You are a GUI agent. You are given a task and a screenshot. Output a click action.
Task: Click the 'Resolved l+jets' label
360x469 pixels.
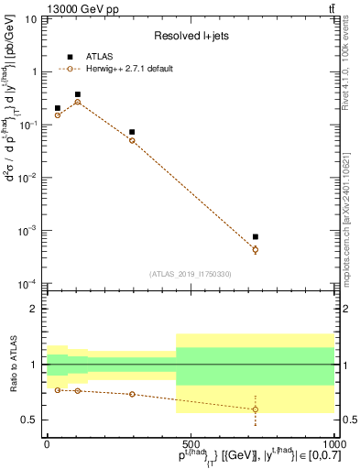point(190,36)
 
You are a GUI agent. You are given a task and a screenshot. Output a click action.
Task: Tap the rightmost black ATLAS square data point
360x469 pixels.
point(256,237)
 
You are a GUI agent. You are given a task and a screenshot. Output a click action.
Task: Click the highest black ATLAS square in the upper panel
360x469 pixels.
point(78,94)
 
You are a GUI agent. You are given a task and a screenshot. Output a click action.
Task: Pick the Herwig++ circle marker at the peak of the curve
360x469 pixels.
point(78,102)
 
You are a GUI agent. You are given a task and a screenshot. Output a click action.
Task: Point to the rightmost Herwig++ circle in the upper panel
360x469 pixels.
point(256,249)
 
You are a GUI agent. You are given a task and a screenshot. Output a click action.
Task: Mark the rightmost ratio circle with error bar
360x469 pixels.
point(256,409)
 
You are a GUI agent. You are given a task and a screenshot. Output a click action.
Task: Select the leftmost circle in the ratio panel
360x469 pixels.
point(57,390)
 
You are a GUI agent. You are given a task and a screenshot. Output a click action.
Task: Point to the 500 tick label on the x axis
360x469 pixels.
point(190,442)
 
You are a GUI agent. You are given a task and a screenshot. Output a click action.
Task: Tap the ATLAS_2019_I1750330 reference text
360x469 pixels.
point(190,274)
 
